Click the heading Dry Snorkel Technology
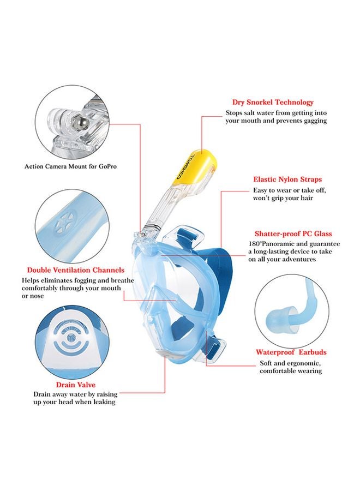(273, 102)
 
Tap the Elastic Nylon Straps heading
(287, 179)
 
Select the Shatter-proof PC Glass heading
(293, 233)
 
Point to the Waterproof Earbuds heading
(291, 352)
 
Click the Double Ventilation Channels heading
(76, 270)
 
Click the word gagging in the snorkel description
(314, 121)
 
